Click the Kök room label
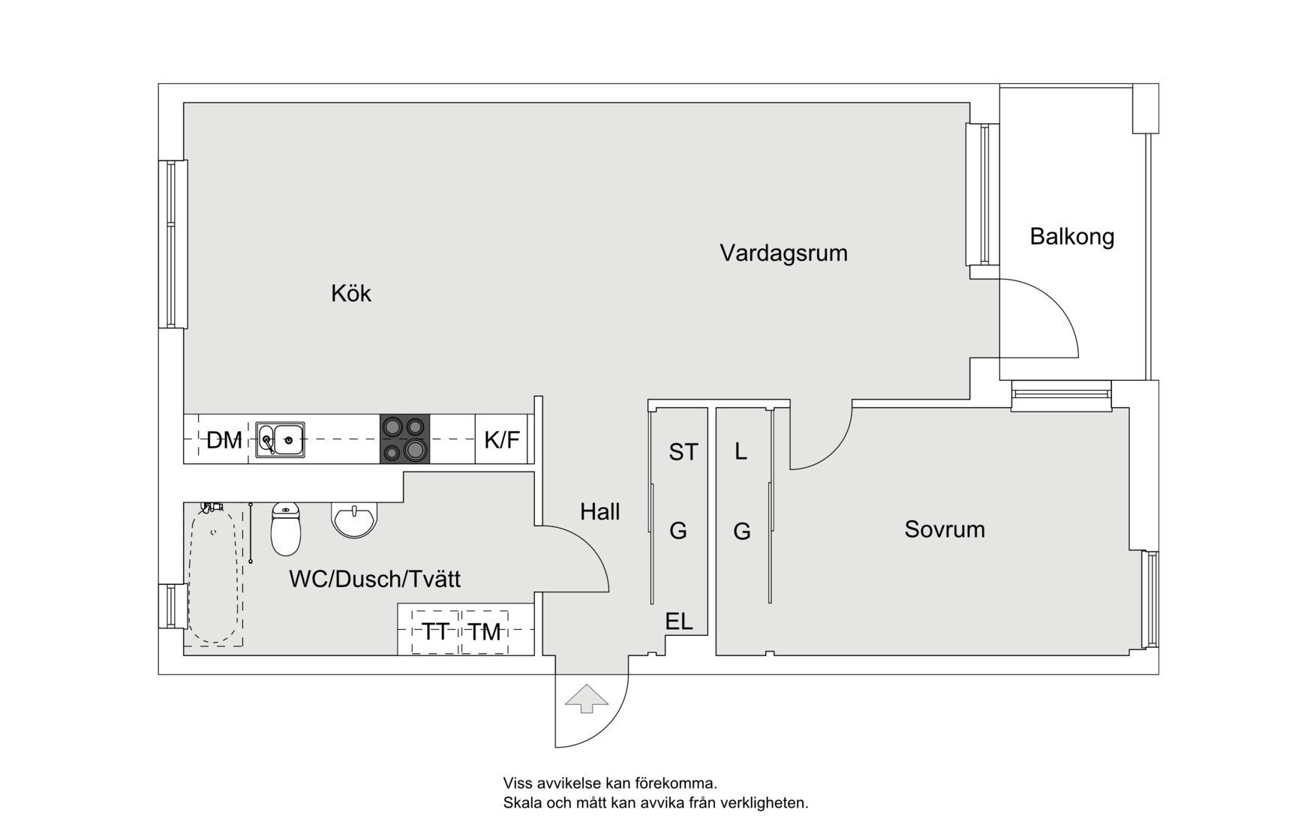(x=350, y=293)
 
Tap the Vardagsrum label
(x=783, y=253)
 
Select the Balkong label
(x=1071, y=236)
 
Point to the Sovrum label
(x=944, y=529)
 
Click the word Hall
(x=599, y=512)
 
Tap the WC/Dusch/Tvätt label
(x=374, y=579)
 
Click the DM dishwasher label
(x=224, y=440)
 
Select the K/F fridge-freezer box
(x=502, y=439)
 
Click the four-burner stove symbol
(x=404, y=439)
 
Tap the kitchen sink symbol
(x=280, y=439)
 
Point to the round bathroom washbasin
(x=354, y=519)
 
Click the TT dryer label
(x=435, y=631)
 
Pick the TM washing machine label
(x=485, y=632)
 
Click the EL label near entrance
(x=678, y=621)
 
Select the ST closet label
(x=683, y=452)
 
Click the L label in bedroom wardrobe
(x=741, y=451)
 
